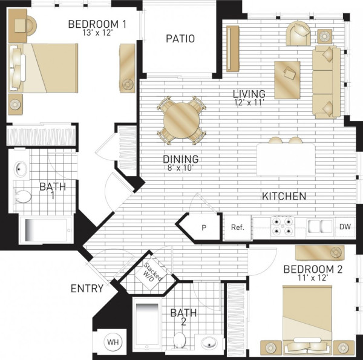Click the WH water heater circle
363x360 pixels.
coord(113,342)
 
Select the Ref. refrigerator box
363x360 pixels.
coord(238,227)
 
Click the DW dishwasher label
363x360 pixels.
coord(345,227)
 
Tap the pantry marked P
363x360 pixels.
coord(204,228)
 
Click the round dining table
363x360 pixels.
coord(181,120)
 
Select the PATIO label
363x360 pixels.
coord(180,39)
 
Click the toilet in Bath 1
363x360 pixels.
coord(22,197)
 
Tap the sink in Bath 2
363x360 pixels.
coord(209,342)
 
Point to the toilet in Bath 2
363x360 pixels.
coord(180,340)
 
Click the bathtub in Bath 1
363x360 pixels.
coord(47,230)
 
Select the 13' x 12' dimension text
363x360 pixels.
coord(97,33)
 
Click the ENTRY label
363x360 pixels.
coord(87,289)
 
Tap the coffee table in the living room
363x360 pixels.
coord(287,80)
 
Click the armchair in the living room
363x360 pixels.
coord(298,33)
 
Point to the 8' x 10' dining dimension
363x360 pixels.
coord(180,168)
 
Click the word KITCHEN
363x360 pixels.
coord(284,196)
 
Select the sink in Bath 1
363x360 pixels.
coord(21,169)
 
